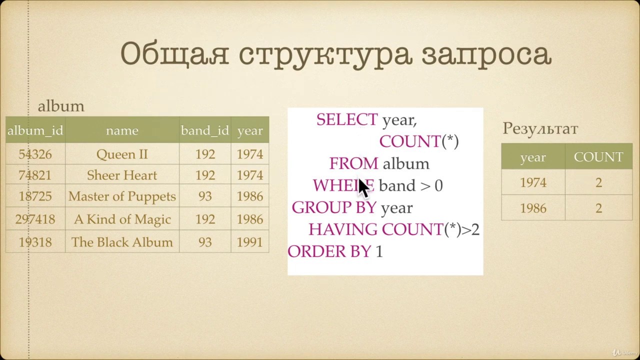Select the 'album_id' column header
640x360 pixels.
35,130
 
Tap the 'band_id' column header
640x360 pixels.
205,130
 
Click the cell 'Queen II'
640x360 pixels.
122,154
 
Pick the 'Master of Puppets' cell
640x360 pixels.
122,196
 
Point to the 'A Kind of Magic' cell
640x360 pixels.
122,219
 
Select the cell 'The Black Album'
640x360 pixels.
122,242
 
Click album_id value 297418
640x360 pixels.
35,219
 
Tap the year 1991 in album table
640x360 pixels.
250,242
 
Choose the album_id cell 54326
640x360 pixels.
35,154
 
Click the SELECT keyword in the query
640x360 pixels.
347,119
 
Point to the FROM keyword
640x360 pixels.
353,163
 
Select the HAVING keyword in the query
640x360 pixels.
343,229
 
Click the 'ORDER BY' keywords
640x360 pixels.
329,251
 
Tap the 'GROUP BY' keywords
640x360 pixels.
334,207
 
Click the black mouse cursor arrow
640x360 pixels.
364,188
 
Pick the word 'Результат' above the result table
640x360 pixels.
540,129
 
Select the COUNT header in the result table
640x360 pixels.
598,157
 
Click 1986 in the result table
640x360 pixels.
533,208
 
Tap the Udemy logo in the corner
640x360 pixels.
626,353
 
